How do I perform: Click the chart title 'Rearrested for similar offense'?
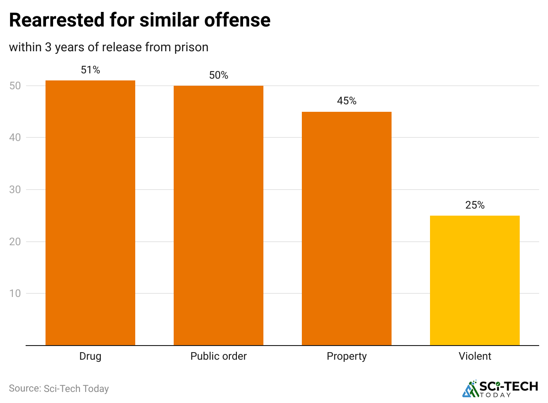[140, 20]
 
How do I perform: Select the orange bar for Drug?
[90, 213]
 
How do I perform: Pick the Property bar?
[346, 228]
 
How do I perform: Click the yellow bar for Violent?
[475, 280]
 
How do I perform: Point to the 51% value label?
[90, 70]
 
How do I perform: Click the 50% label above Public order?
[218, 76]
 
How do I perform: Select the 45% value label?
[346, 101]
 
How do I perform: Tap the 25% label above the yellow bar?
[475, 205]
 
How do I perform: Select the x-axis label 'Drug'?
[90, 356]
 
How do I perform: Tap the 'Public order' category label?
[218, 356]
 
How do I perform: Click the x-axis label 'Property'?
[346, 356]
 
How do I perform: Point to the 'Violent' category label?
[475, 356]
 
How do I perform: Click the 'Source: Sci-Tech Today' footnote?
[59, 389]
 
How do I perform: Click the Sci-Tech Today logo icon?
[471, 388]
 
